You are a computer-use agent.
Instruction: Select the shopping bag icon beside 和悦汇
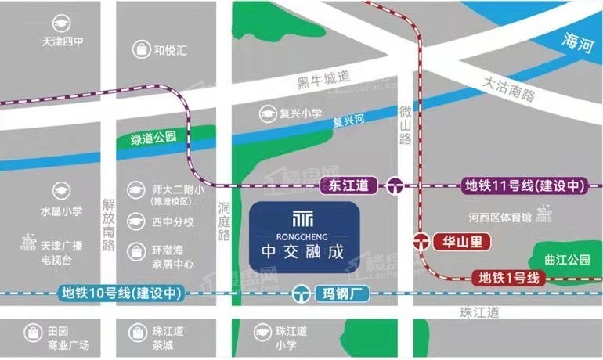pos(141,51)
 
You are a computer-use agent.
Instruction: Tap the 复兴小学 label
pos(301,113)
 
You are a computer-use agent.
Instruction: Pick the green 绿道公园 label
pos(153,138)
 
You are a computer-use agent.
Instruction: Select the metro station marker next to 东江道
pos(394,185)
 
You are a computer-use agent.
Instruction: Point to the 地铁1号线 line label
pos(510,275)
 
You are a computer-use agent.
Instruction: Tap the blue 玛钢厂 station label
pos(339,294)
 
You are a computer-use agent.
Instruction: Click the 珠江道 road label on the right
pos(478,311)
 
